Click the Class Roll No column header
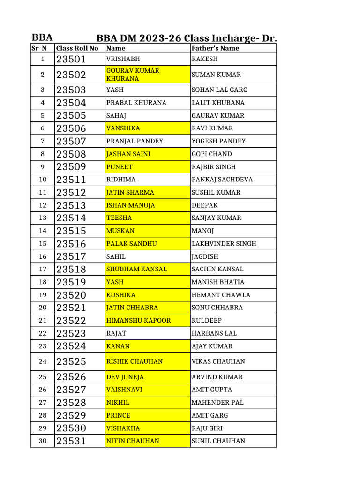(77, 48)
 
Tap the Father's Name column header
(215, 48)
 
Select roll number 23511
(71, 180)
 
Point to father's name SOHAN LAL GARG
(219, 90)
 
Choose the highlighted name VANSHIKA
(123, 128)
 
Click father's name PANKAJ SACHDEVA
(222, 180)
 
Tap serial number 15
(43, 244)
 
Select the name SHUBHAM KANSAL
(136, 269)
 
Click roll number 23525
(71, 361)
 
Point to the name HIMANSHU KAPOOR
(138, 321)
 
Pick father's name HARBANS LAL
(214, 333)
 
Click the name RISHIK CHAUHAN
(135, 361)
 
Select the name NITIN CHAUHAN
(133, 441)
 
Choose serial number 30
(43, 441)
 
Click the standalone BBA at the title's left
(42, 38)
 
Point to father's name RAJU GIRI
(207, 428)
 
